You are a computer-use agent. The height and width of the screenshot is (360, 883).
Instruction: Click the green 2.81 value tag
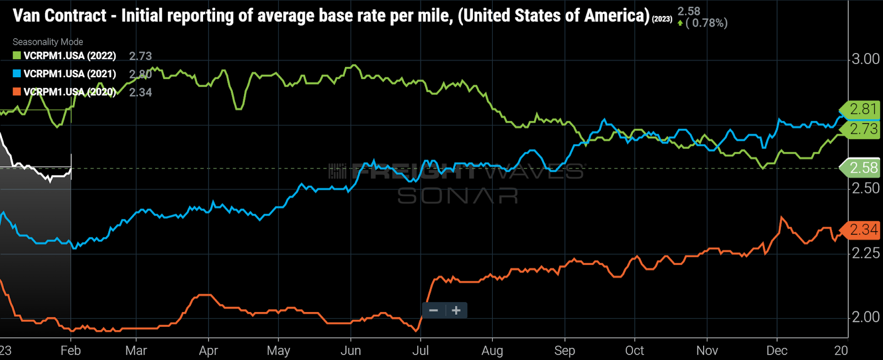click(861, 109)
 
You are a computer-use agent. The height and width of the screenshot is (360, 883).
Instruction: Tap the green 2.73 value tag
click(861, 129)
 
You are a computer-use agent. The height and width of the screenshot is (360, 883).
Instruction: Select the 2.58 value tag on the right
click(861, 168)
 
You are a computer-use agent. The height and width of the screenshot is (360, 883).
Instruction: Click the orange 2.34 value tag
click(861, 229)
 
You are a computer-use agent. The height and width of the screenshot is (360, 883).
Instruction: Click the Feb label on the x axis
click(71, 351)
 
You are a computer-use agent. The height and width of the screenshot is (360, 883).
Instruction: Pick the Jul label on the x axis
click(421, 351)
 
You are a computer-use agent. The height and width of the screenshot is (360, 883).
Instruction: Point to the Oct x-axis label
click(635, 351)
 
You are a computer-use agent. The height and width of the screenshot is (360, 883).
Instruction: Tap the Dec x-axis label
click(776, 351)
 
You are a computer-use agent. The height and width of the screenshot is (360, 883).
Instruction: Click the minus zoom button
click(434, 310)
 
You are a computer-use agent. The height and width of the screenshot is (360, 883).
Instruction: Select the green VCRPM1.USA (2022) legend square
click(17, 56)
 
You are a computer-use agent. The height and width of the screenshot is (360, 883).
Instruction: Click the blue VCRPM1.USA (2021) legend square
click(17, 73)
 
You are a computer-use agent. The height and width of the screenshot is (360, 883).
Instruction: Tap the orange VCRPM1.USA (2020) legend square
click(17, 92)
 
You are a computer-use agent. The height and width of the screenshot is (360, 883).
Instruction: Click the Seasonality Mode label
click(48, 42)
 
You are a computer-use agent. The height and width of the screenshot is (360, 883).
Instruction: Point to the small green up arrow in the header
click(680, 23)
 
